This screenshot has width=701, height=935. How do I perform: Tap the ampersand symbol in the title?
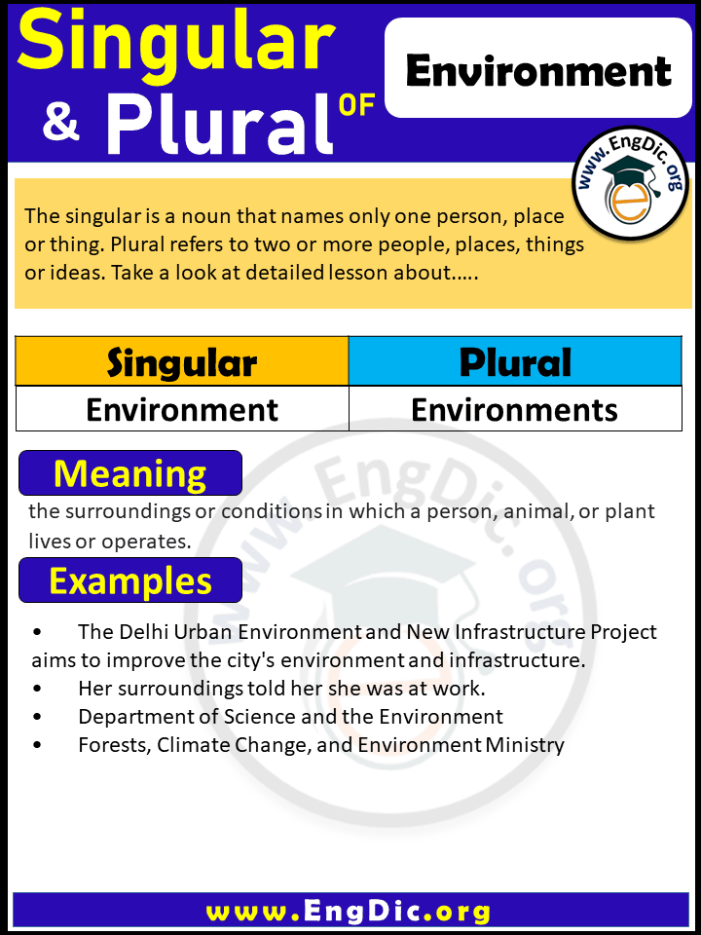coord(61,125)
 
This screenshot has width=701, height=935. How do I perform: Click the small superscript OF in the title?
coord(357,105)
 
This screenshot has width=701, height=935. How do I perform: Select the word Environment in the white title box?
coord(538,71)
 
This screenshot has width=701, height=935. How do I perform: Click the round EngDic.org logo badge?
coord(630,183)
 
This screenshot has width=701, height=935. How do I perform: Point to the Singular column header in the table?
coord(182,362)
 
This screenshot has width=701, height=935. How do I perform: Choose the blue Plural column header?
coord(515,362)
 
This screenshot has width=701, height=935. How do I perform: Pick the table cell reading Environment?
coord(182,410)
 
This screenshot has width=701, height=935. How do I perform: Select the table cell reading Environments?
coord(515,410)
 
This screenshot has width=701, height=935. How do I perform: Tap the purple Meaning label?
coord(130,473)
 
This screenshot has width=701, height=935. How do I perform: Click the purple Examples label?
coord(130,580)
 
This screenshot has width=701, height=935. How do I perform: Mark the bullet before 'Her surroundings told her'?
coord(37,689)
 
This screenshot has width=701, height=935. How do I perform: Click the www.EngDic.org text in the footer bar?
coord(349,912)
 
